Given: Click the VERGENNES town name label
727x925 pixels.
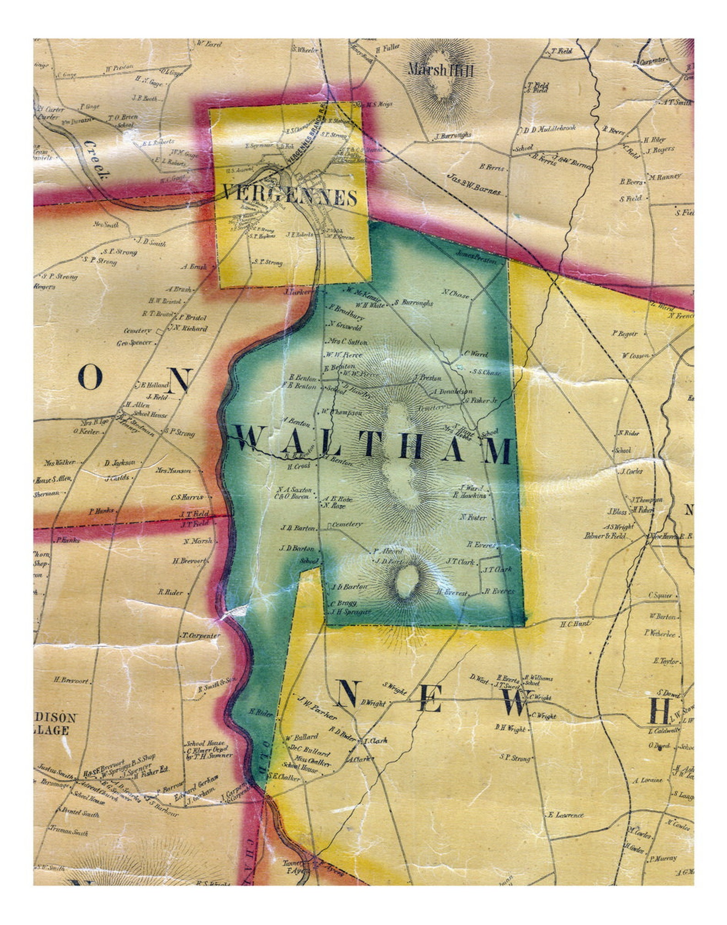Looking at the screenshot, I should tap(290, 197).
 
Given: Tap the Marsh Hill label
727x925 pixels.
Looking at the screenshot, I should tap(440, 70).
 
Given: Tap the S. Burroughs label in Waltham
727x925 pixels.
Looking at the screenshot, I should tap(413, 303).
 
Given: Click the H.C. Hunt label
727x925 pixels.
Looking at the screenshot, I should tap(575, 623).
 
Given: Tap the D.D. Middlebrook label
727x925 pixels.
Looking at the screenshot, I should tap(547, 129).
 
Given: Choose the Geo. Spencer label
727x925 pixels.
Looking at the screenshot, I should tap(134, 342).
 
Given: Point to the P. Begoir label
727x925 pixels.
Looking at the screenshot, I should tap(625, 334).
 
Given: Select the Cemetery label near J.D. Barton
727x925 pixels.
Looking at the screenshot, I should tap(347, 524).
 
